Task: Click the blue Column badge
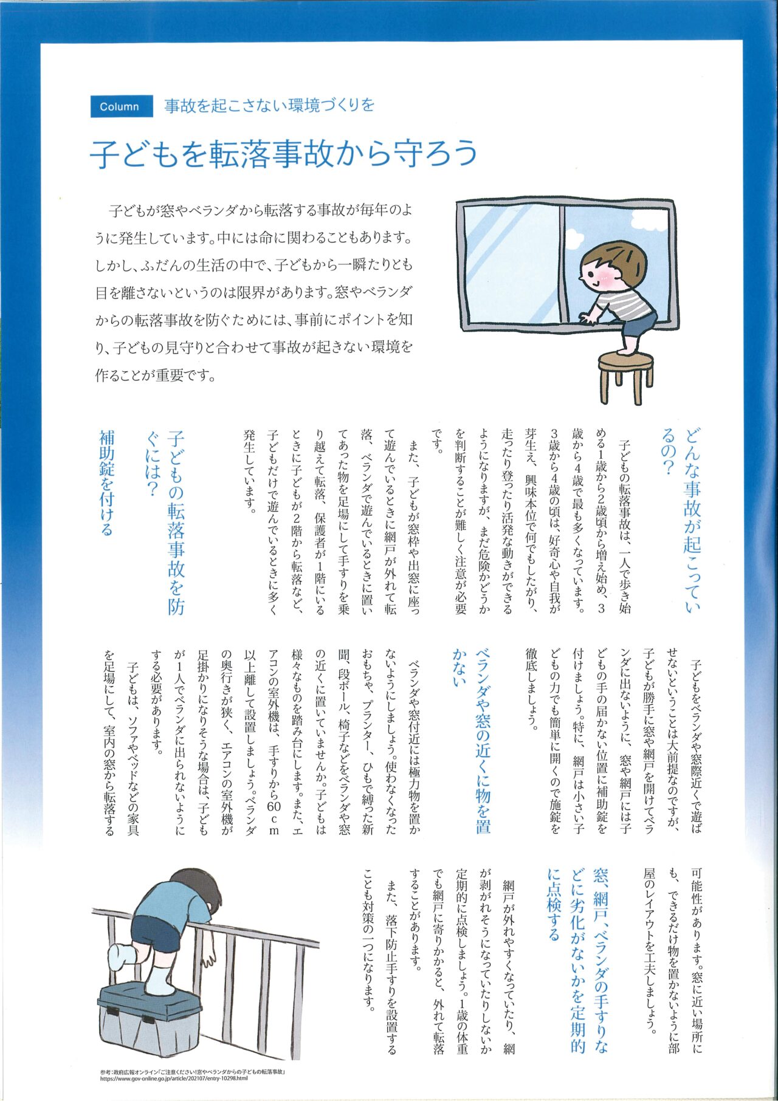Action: (119, 106)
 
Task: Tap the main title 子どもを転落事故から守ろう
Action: (284, 153)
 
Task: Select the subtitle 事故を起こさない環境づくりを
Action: (269, 106)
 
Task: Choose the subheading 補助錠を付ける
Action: (106, 483)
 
